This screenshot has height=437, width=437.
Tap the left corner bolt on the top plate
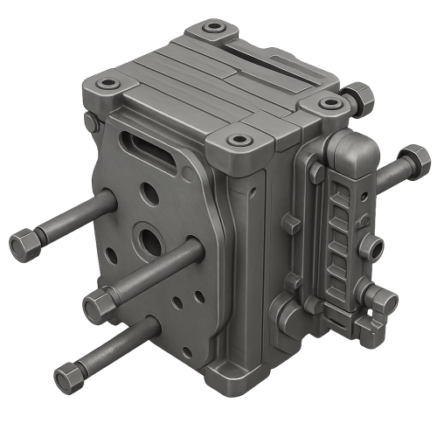click(108, 84)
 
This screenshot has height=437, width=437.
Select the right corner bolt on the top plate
click(330, 103)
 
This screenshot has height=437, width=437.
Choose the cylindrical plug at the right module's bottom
click(383, 302)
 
